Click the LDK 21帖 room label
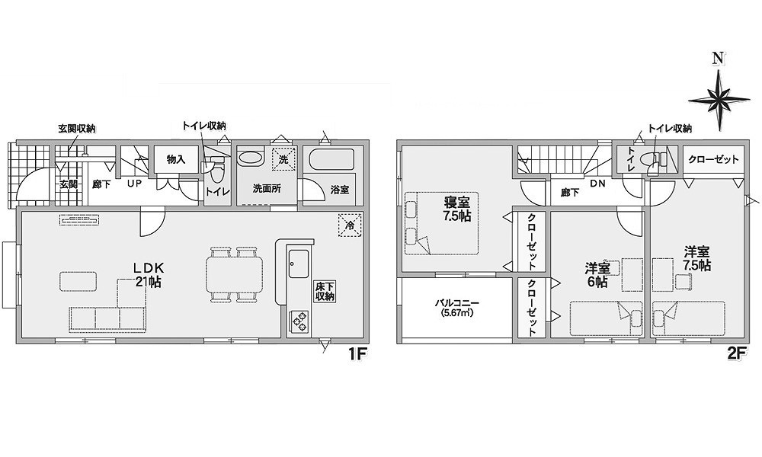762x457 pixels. pos(149,274)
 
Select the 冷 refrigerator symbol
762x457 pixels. pos(351,225)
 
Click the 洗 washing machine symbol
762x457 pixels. pos(283,158)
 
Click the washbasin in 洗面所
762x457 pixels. pos(250,159)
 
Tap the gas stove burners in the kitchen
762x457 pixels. pos(299,320)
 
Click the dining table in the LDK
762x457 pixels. pos(235,274)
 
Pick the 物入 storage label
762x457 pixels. pos(176,159)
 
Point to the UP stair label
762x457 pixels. pos(134,184)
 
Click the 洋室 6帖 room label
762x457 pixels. pos(597,275)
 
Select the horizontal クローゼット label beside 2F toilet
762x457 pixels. pos(713,159)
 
